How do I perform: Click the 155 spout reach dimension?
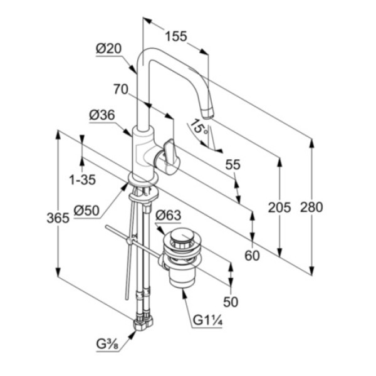(x=175, y=36)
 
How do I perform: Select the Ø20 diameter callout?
(x=109, y=49)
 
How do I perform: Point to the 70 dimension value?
(x=120, y=89)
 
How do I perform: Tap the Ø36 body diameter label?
(x=102, y=115)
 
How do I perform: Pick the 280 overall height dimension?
(x=311, y=207)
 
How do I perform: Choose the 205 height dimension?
(x=279, y=207)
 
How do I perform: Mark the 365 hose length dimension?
(x=58, y=218)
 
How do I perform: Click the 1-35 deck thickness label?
(x=82, y=179)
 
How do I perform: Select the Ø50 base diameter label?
(x=86, y=211)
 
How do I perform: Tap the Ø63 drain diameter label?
(x=168, y=216)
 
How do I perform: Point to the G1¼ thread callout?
(x=208, y=320)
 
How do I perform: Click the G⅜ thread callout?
(x=107, y=345)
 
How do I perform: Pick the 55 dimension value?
(x=232, y=165)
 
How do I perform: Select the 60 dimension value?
(x=252, y=256)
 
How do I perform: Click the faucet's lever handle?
(x=169, y=154)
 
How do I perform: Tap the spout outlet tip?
(x=207, y=113)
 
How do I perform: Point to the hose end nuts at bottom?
(x=144, y=322)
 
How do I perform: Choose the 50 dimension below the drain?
(x=231, y=301)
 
